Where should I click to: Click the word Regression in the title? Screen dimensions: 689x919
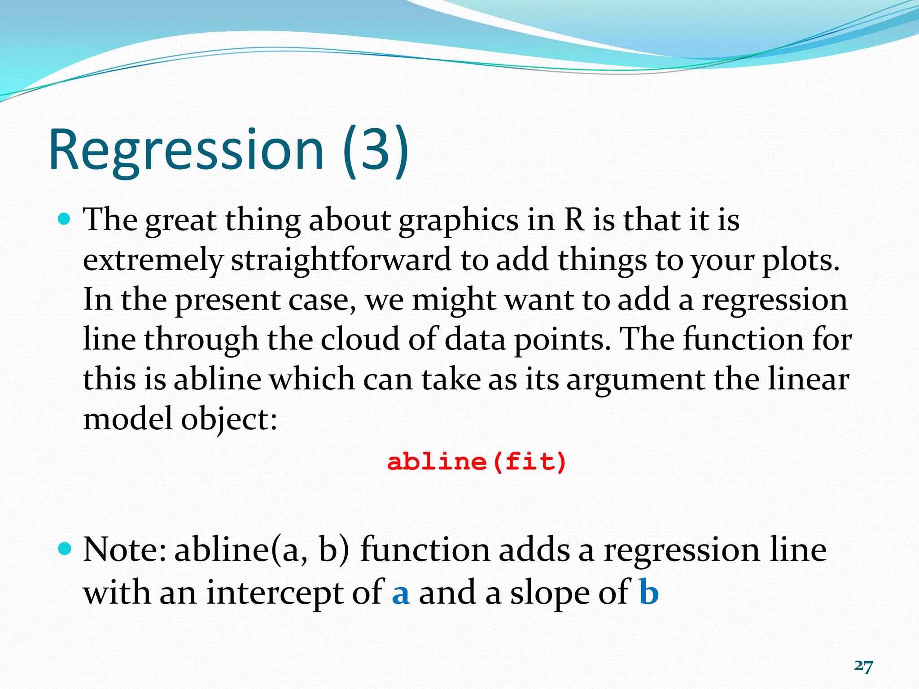point(186,150)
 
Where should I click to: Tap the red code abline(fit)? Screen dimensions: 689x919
point(477,462)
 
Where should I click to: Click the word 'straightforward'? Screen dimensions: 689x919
point(341,260)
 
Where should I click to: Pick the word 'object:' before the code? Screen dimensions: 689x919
point(229,419)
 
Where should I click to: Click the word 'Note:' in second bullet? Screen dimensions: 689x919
point(125,550)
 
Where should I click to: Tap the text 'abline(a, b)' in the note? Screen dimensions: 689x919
point(262,550)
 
